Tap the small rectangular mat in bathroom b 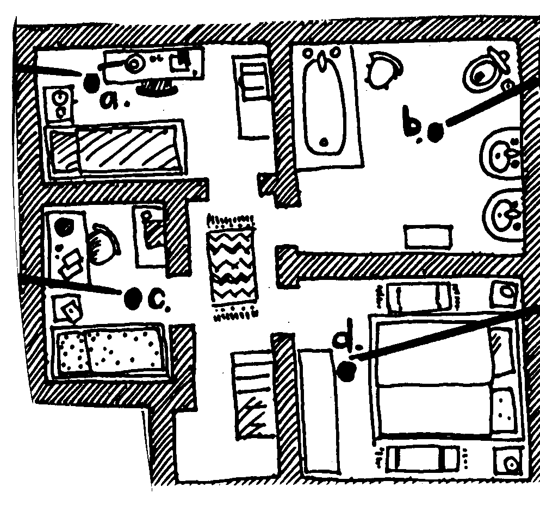point(427,237)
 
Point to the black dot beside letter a point(91,82)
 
